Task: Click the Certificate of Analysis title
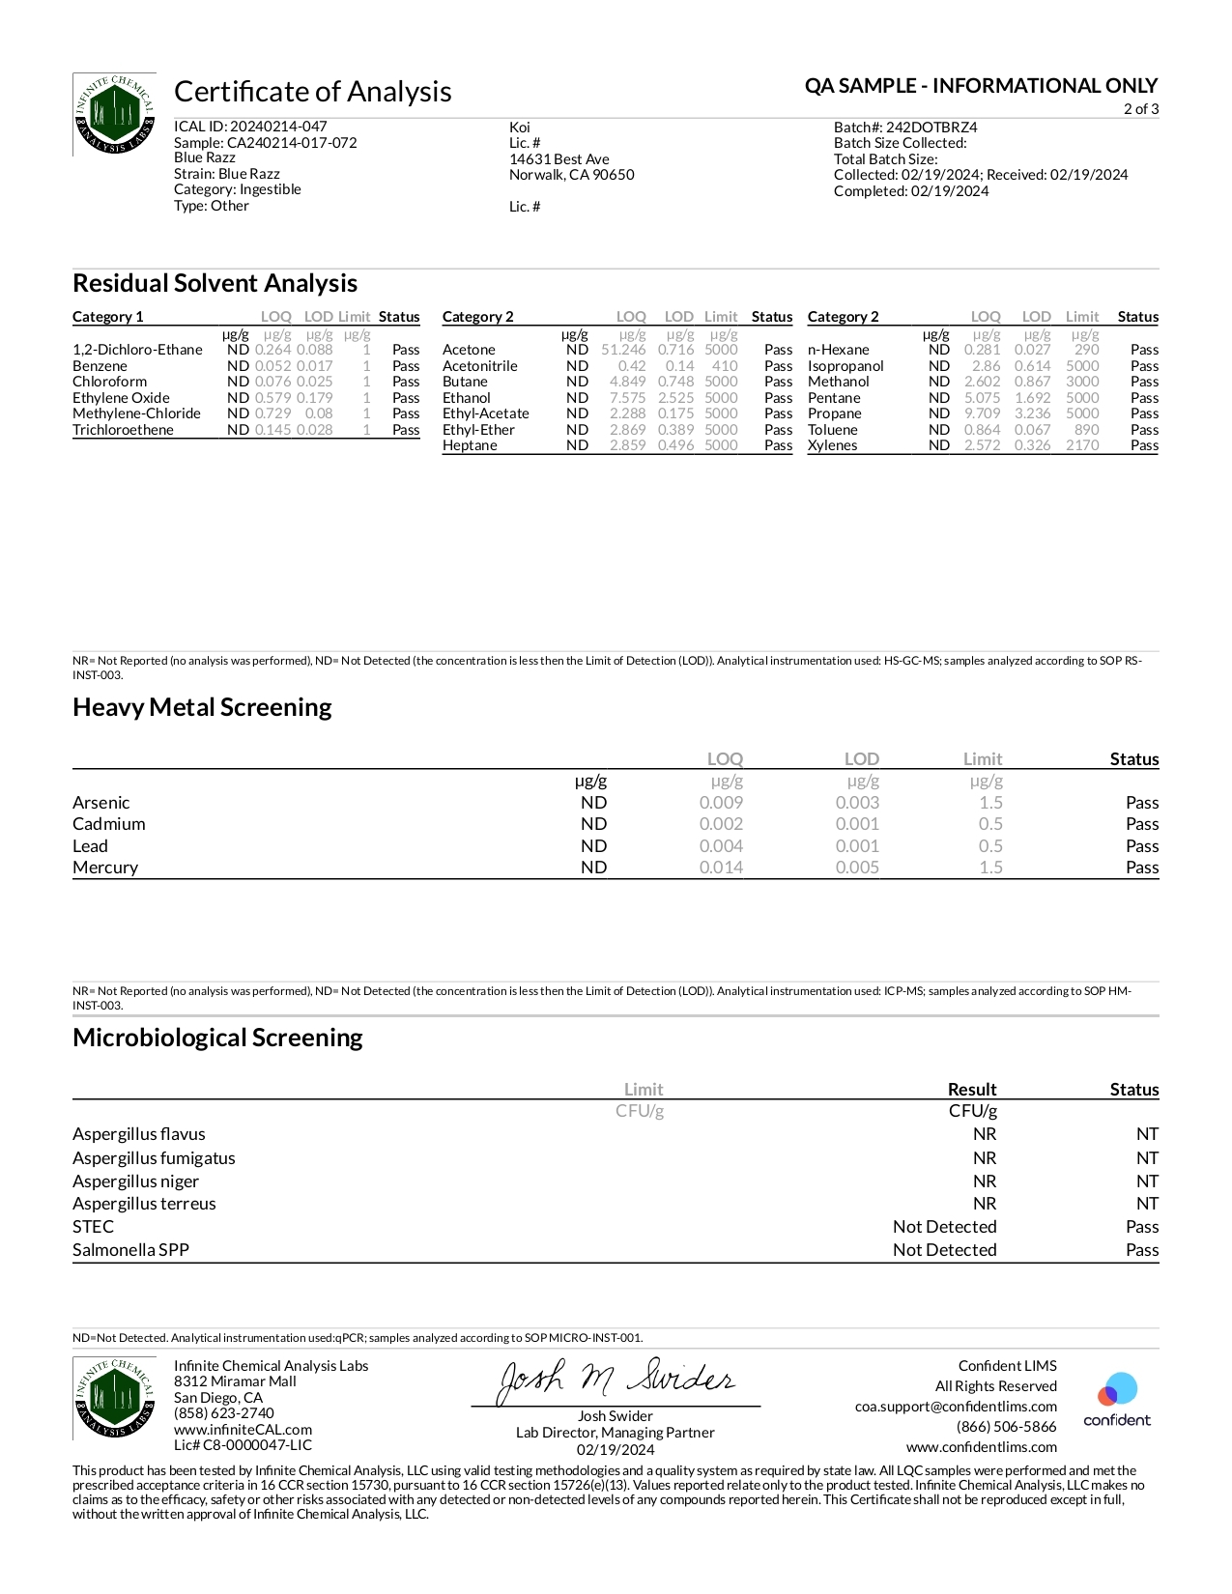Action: tap(312, 92)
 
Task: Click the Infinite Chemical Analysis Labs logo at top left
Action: tap(115, 114)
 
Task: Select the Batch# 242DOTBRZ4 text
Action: tap(905, 128)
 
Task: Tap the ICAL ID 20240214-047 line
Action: tap(250, 127)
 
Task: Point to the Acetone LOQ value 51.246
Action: tap(623, 350)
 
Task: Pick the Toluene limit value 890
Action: tap(1086, 430)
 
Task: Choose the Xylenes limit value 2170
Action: tap(1082, 445)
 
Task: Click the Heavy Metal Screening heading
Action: tap(202, 708)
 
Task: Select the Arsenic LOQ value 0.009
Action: tap(721, 803)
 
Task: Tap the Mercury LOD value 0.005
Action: tap(857, 868)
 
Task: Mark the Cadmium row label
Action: tap(109, 824)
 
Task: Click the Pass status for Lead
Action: tap(1141, 846)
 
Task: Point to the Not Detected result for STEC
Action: tap(944, 1227)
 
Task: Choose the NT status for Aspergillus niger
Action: tap(1147, 1181)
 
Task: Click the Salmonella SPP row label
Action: tap(130, 1250)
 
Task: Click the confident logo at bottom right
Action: tap(1117, 1399)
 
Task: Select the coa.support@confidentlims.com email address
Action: tap(956, 1407)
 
